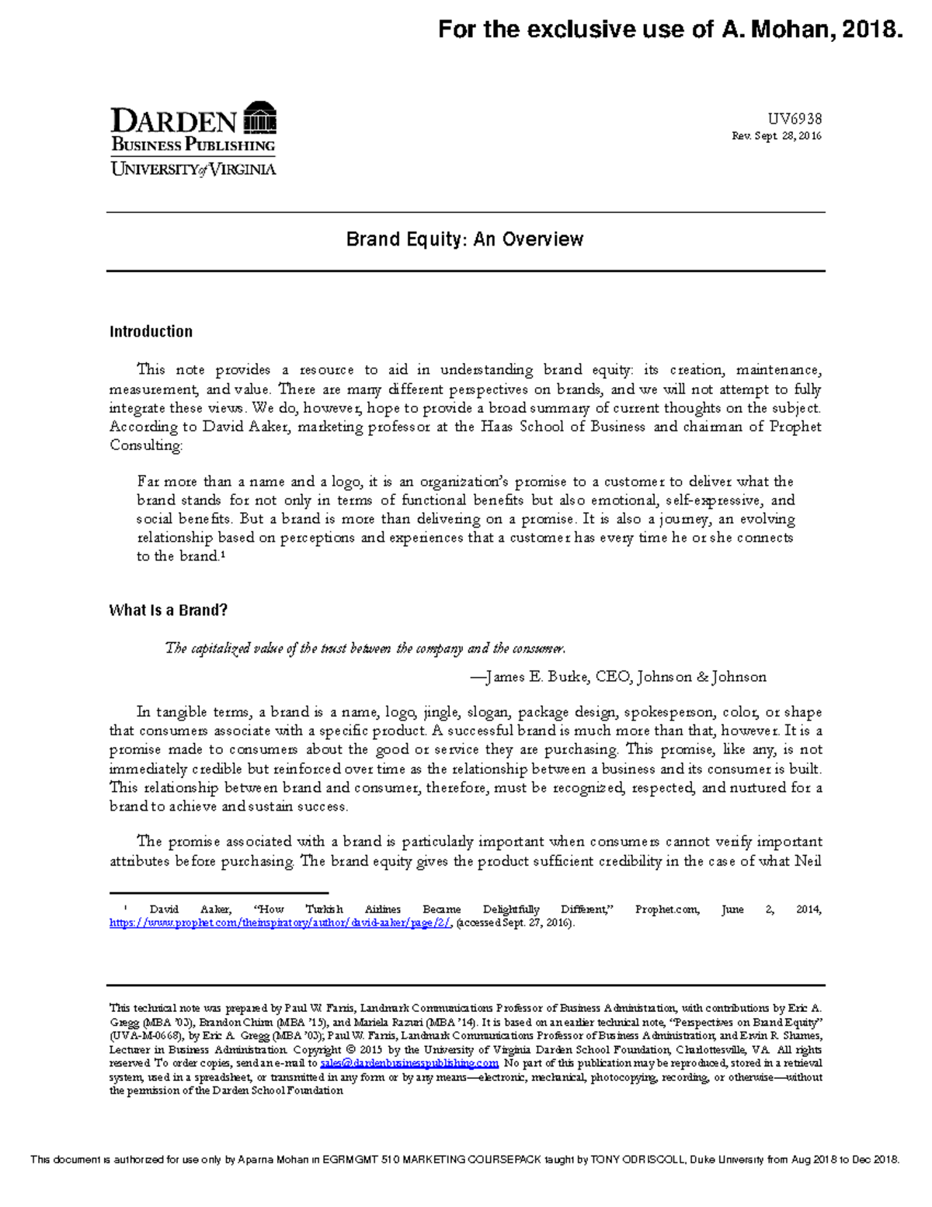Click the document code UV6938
[795, 119]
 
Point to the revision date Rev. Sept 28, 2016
[776, 136]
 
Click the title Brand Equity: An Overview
[464, 239]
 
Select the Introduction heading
[151, 332]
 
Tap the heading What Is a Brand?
[169, 610]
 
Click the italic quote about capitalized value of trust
[365, 648]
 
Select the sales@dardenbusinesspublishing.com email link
[409, 1063]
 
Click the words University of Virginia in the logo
[193, 169]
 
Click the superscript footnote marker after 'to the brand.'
[223, 554]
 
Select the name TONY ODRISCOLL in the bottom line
[636, 1160]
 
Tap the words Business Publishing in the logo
[193, 145]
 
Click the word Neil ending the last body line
[808, 861]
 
